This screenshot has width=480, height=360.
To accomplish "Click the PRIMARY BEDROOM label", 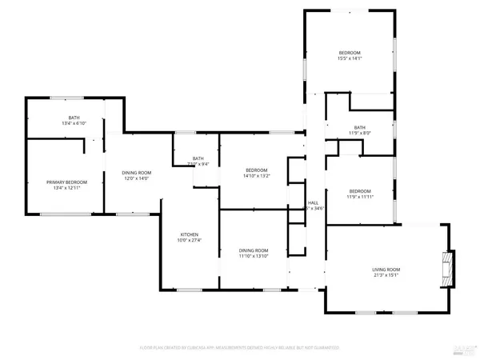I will [x=66, y=182].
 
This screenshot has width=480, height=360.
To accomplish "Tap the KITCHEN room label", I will [x=189, y=234].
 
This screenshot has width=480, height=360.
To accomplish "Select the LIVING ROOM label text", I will [x=386, y=270].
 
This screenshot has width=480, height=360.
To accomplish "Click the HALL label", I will [x=313, y=203].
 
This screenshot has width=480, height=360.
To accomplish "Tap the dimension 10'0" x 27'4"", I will [x=189, y=240].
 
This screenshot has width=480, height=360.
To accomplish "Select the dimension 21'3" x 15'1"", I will [x=386, y=276].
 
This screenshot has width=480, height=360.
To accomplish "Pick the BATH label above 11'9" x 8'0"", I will [x=359, y=127].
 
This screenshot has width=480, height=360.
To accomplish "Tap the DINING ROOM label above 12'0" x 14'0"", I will [x=136, y=173].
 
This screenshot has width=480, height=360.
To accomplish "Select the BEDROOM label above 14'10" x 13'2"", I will [x=256, y=170].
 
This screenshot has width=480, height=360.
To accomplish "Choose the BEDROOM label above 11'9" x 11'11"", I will [x=359, y=190].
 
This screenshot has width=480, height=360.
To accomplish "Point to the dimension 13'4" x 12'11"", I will [x=66, y=189].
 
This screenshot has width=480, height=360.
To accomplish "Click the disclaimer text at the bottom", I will [x=240, y=348].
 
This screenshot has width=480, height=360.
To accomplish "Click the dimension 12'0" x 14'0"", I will [x=136, y=179].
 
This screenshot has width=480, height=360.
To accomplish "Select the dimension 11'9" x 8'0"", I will [x=359, y=134].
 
